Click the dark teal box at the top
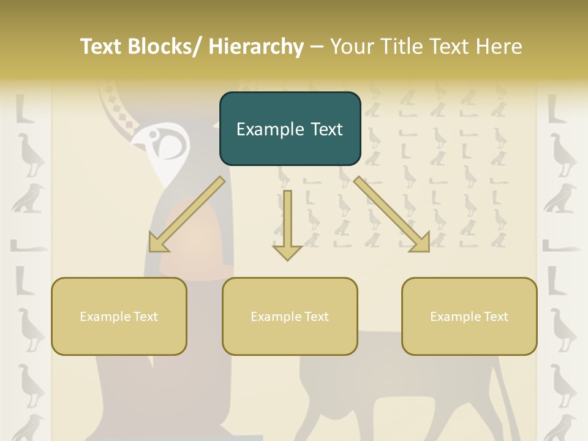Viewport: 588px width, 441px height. pos(290,129)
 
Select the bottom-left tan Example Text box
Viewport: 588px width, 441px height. pos(119,316)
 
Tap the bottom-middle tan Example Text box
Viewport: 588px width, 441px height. pos(290,316)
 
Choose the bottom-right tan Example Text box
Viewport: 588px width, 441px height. pos(469,316)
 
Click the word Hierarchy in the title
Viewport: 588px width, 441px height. pos(255,47)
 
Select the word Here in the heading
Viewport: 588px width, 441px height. pos(500,47)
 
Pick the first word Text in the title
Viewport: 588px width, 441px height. pos(102,47)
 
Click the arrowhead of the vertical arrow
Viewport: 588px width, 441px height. pos(287,252)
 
